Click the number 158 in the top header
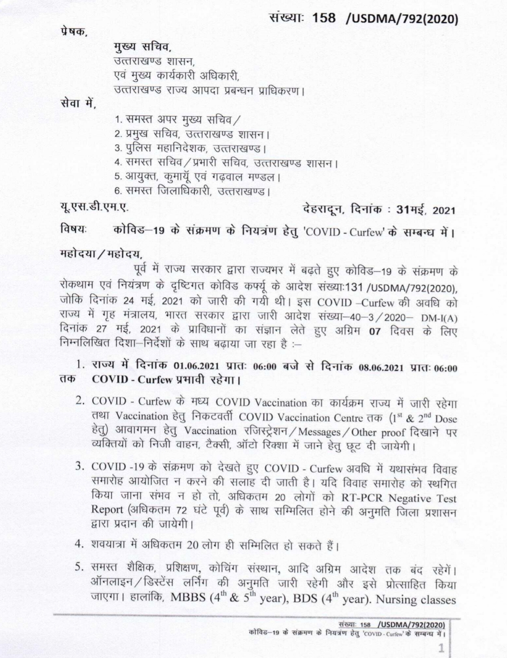point(324,18)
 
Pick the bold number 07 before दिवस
point(374,332)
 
